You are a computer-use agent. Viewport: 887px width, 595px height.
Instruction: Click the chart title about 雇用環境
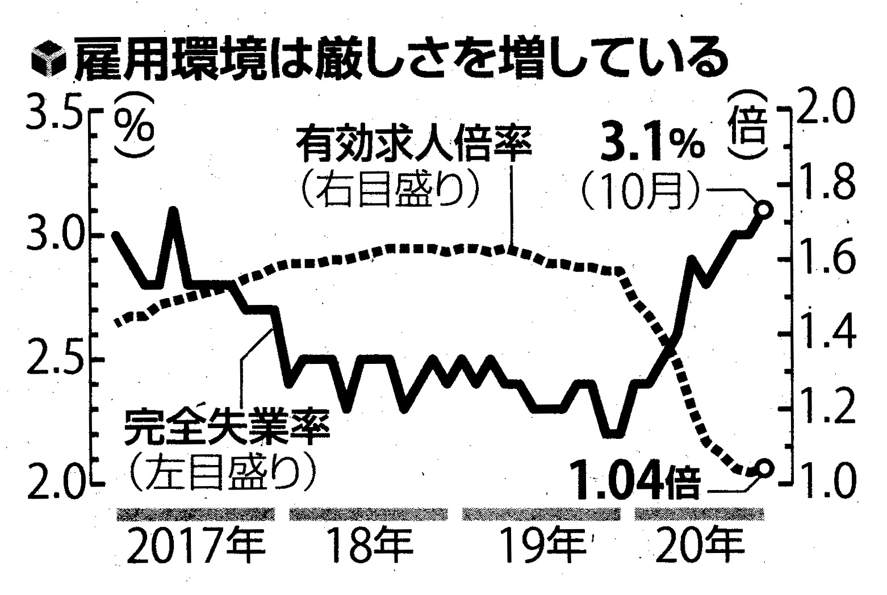(398, 58)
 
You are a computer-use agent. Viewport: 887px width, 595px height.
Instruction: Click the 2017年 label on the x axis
(194, 546)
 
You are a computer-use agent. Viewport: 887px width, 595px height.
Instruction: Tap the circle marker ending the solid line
(764, 210)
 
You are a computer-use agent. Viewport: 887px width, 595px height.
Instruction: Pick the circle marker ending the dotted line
(764, 469)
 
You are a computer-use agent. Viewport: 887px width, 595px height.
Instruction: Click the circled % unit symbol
(133, 129)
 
